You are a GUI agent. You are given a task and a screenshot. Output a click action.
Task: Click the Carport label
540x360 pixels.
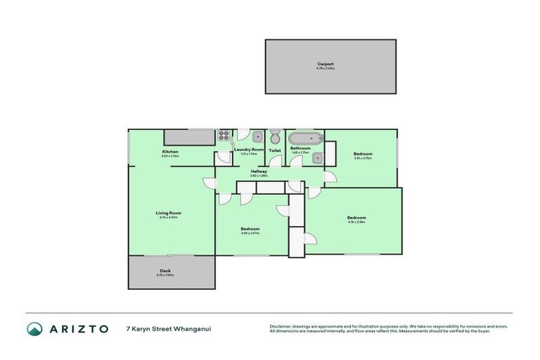[x=325, y=65]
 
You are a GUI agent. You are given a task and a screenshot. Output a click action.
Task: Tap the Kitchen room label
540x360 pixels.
[x=170, y=153]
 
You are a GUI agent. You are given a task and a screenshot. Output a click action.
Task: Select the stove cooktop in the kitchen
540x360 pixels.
[x=224, y=136]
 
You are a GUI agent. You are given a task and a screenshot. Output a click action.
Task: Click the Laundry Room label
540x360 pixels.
[x=249, y=150]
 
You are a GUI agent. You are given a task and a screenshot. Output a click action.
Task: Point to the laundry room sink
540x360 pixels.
[x=258, y=137]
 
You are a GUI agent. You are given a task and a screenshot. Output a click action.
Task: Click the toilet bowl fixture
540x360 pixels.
[x=275, y=136]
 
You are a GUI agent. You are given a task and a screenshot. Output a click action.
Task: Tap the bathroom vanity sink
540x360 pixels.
[x=317, y=157]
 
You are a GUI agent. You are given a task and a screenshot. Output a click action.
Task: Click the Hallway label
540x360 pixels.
[x=258, y=172]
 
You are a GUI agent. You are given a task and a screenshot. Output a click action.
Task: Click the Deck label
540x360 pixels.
[x=165, y=271]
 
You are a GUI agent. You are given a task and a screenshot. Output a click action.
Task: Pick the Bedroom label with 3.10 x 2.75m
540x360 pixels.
[x=363, y=154]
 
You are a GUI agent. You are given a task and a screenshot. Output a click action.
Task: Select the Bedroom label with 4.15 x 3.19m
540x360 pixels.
[x=356, y=218]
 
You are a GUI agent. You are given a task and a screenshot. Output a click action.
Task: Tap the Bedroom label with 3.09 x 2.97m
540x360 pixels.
[x=250, y=229]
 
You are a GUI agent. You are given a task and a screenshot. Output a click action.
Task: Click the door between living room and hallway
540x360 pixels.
[x=209, y=185]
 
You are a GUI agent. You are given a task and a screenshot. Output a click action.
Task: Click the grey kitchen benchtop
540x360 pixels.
[x=190, y=136]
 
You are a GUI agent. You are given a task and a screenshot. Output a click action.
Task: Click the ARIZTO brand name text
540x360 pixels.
[x=78, y=328]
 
